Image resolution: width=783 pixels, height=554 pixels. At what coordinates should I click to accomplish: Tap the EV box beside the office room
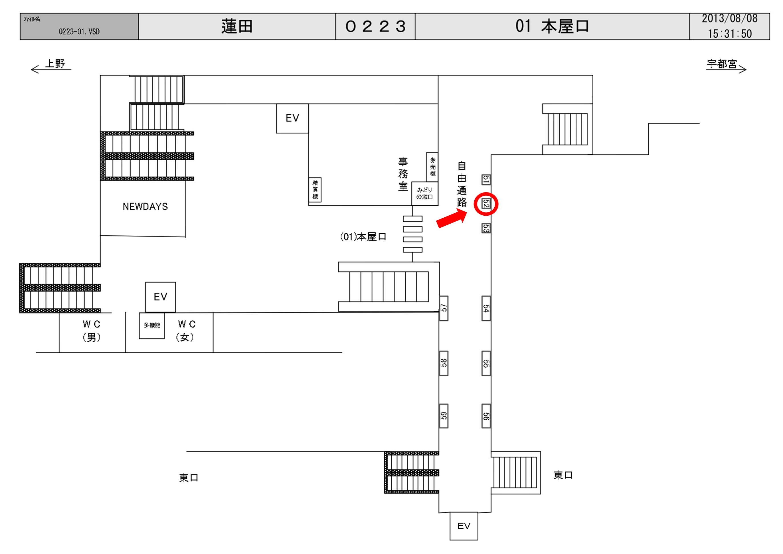pyautogui.click(x=292, y=118)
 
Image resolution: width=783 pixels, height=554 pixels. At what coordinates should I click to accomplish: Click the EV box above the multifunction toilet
pyautogui.click(x=160, y=297)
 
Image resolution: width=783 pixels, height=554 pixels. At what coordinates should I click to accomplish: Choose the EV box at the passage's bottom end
pyautogui.click(x=464, y=526)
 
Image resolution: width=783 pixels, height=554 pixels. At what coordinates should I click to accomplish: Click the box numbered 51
pyautogui.click(x=486, y=180)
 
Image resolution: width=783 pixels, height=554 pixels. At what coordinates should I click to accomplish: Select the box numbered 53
pyautogui.click(x=486, y=228)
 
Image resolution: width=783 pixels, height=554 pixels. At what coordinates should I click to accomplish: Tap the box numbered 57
pyautogui.click(x=444, y=308)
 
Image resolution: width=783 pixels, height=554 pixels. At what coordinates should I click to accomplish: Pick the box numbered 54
pyautogui.click(x=486, y=308)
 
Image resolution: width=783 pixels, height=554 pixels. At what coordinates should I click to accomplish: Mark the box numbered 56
pyautogui.click(x=486, y=416)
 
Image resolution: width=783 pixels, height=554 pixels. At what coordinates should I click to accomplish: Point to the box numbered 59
pyautogui.click(x=444, y=416)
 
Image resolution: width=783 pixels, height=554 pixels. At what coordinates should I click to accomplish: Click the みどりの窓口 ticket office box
pyautogui.click(x=424, y=193)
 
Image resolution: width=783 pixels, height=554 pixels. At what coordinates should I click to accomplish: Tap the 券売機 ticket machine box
pyautogui.click(x=432, y=167)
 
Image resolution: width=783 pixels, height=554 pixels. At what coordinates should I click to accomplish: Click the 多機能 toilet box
pyautogui.click(x=152, y=325)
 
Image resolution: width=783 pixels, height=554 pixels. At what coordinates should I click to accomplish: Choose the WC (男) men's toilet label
pyautogui.click(x=91, y=331)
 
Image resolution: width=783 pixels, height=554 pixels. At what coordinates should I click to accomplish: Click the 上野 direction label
pyautogui.click(x=55, y=64)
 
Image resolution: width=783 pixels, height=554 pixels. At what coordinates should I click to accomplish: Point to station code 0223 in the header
pyautogui.click(x=375, y=27)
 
